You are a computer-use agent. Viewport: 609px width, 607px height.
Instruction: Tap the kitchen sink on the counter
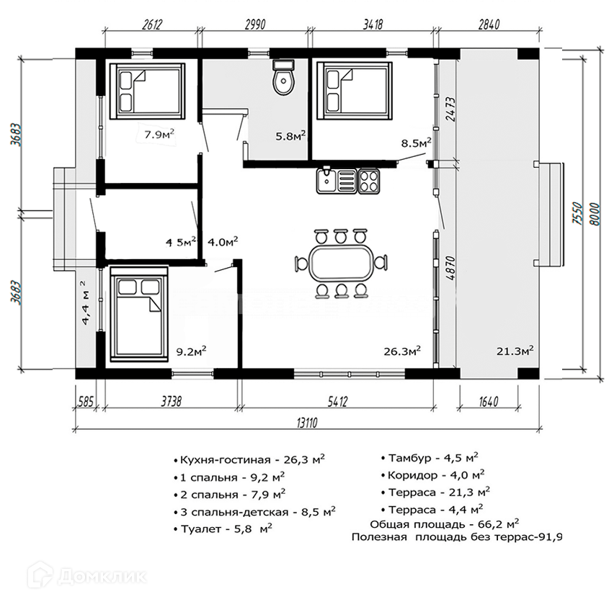[x=335, y=179]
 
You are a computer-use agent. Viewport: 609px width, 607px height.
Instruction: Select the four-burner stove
[x=369, y=179]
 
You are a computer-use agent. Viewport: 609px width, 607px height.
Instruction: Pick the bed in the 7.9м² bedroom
[x=147, y=91]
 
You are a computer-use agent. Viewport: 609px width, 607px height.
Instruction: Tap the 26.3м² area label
[x=402, y=351]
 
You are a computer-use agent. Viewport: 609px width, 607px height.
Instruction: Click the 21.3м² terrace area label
[x=515, y=351]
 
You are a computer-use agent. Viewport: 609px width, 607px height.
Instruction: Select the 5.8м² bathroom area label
[x=291, y=135]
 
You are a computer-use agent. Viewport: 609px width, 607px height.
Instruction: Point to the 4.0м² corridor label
[x=223, y=242]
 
